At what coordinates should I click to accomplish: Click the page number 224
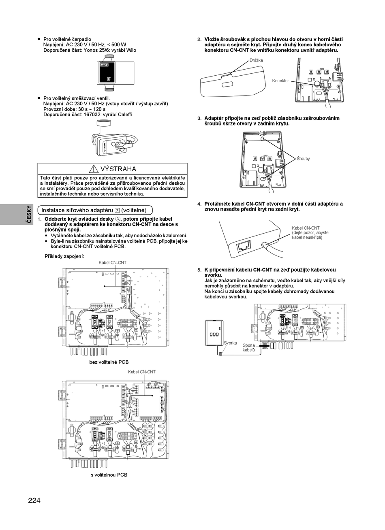pyautogui.click(x=34, y=500)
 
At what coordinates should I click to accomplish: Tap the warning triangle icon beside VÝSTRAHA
pyautogui.click(x=94, y=169)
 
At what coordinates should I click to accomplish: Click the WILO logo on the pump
pyautogui.click(x=105, y=65)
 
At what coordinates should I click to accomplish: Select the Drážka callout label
pyautogui.click(x=256, y=60)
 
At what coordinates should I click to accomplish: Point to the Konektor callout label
pyautogui.click(x=280, y=81)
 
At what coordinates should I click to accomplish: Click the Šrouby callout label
pyautogui.click(x=303, y=159)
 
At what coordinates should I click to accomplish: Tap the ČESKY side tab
pyautogui.click(x=29, y=214)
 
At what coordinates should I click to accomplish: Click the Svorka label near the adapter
pyautogui.click(x=230, y=343)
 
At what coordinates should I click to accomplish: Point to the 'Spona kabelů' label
pyautogui.click(x=248, y=347)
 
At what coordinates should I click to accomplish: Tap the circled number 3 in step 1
pyautogui.click(x=117, y=219)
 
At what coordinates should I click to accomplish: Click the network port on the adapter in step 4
pyautogui.click(x=244, y=246)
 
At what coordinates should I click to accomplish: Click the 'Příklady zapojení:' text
pyautogui.click(x=64, y=256)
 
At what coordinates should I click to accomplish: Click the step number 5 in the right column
pyautogui.click(x=199, y=270)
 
